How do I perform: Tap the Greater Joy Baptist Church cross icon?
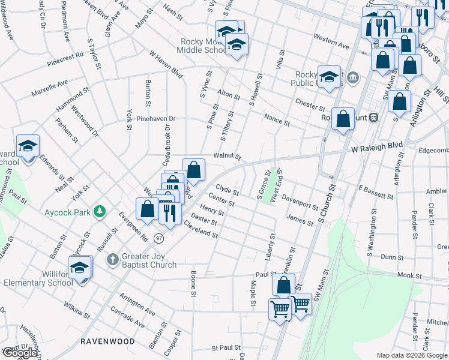pos(112,260)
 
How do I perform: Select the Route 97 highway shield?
pos(158,238)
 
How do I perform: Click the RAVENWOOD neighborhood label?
pos(107,341)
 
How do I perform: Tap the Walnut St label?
pos(227,157)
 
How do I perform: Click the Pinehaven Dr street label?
pos(155,119)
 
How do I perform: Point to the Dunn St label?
pos(391,257)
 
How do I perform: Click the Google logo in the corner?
pos(20,352)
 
